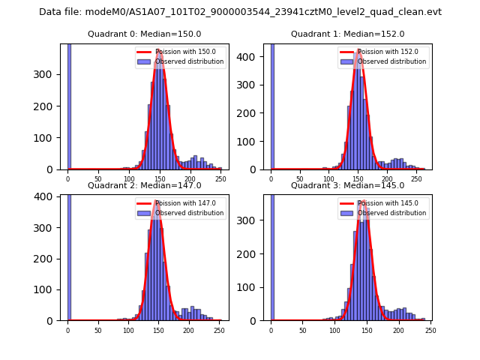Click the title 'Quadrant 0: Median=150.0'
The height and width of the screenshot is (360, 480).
[144, 34]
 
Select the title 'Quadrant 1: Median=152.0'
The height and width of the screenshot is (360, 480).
[347, 34]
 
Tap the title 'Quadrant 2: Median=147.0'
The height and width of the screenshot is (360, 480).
[144, 185]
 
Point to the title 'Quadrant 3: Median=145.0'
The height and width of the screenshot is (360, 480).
[347, 185]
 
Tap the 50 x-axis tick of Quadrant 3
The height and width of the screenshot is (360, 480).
[302, 330]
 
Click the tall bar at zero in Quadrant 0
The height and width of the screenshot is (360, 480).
[69, 105]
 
